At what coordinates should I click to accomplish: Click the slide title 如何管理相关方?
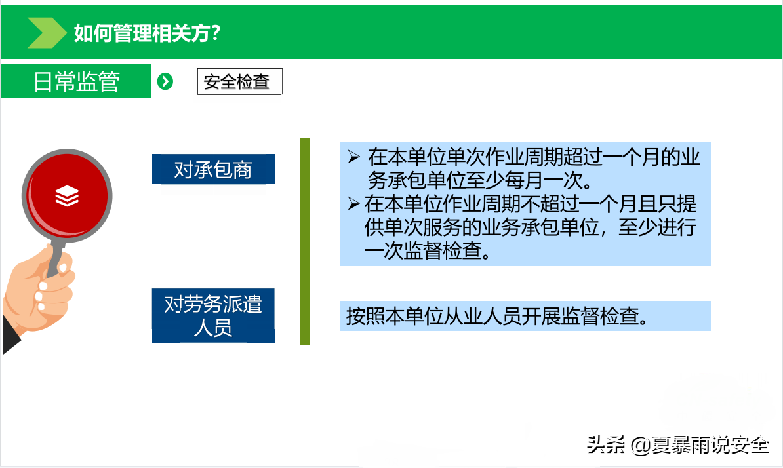pyautogui.click(x=148, y=33)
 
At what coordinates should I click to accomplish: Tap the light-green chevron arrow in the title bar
pyautogui.click(x=47, y=32)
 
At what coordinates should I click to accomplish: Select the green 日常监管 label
pyautogui.click(x=76, y=81)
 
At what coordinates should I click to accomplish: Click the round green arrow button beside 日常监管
pyautogui.click(x=165, y=81)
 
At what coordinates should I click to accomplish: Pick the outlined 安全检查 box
pyautogui.click(x=240, y=81)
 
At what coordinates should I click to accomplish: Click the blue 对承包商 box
pyautogui.click(x=213, y=169)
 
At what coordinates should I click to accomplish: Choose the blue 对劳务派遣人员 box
pyautogui.click(x=213, y=315)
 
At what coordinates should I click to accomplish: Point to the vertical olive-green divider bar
pyautogui.click(x=305, y=241)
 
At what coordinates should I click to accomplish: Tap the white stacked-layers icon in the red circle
pyautogui.click(x=67, y=195)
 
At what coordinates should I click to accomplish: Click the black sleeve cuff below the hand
pyautogui.click(x=10, y=336)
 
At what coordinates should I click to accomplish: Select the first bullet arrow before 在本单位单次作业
pyautogui.click(x=354, y=157)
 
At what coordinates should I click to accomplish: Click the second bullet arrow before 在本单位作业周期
pyautogui.click(x=353, y=204)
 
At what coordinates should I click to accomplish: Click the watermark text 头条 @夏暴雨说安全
pyautogui.click(x=677, y=444)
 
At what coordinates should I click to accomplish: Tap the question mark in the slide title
pyautogui.click(x=215, y=33)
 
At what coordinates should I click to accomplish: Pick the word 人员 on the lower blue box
pyautogui.click(x=213, y=328)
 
